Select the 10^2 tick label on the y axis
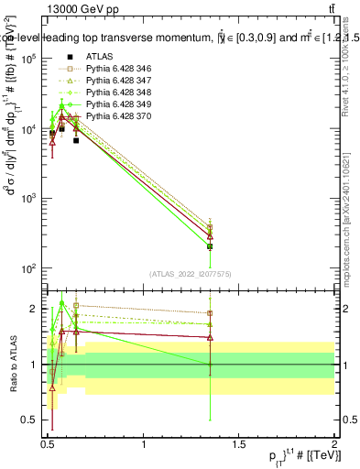pos(27,268)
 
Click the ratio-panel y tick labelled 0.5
pos(27,420)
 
